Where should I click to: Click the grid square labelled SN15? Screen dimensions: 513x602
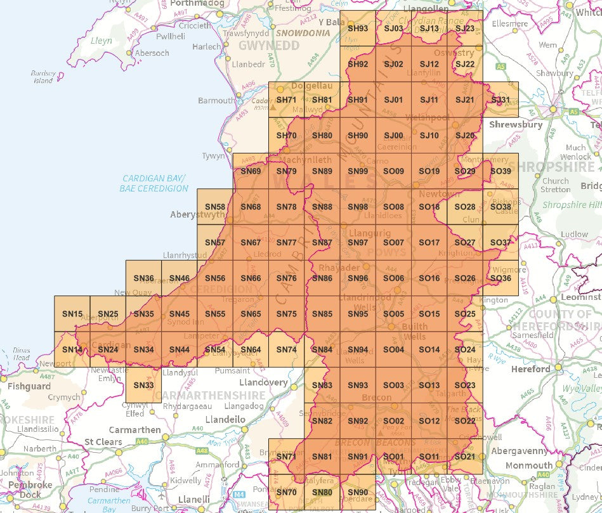click(x=72, y=314)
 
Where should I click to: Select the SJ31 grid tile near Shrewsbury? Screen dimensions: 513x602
click(x=501, y=100)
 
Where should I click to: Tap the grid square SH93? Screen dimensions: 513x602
click(x=358, y=29)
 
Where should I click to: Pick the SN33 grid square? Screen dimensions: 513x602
click(x=144, y=385)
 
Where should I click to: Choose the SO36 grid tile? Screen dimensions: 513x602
click(x=501, y=278)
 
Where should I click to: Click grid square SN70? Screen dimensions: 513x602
click(x=287, y=492)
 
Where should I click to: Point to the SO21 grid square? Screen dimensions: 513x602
click(x=465, y=457)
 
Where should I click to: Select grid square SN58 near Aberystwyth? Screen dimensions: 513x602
click(x=215, y=207)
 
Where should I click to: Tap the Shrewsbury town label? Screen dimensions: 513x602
click(x=516, y=125)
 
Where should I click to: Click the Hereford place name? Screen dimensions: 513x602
click(x=530, y=368)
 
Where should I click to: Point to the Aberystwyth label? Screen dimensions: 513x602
click(x=197, y=215)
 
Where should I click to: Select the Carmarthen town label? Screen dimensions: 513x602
click(x=135, y=429)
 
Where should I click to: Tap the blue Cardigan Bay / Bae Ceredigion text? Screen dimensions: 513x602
click(x=155, y=183)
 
